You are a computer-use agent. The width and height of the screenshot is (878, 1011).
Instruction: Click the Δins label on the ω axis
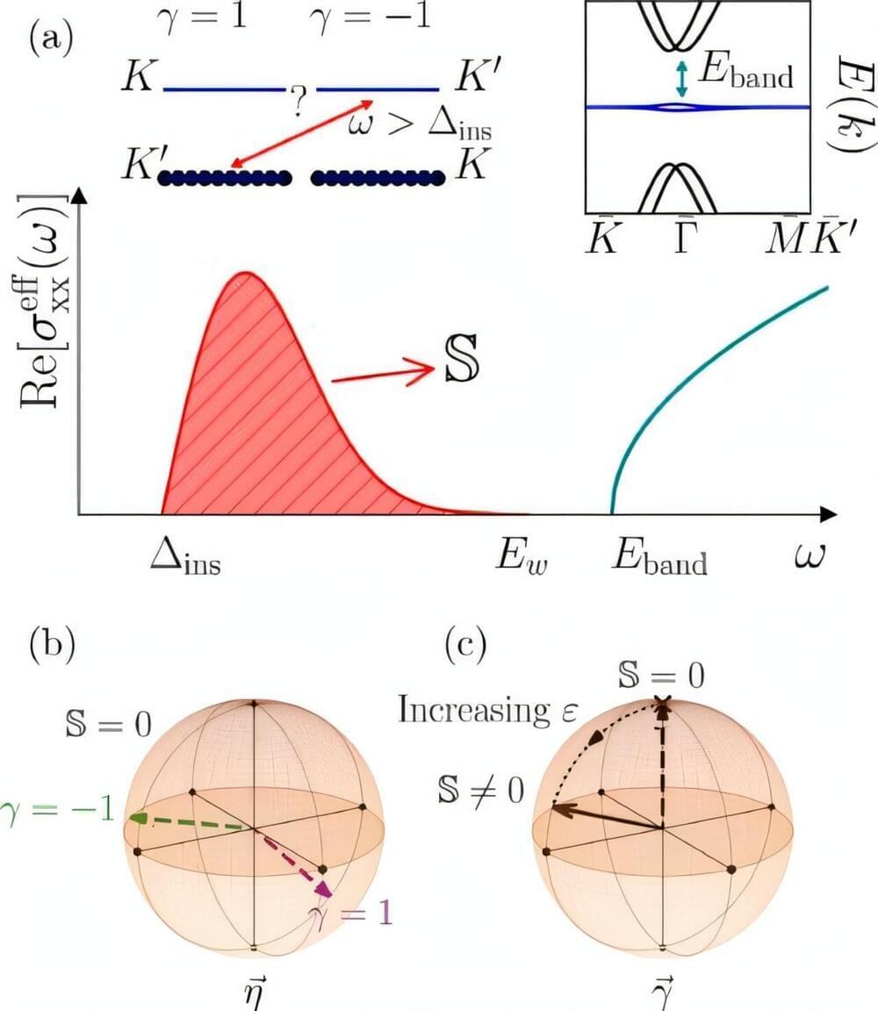(184, 557)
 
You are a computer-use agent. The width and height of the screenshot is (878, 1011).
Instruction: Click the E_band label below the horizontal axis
(658, 559)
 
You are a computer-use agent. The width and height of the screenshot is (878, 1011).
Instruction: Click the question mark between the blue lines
(299, 104)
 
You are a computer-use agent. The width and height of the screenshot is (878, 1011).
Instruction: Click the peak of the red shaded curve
(243, 275)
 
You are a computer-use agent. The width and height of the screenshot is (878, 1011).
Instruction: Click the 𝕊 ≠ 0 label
(479, 790)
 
